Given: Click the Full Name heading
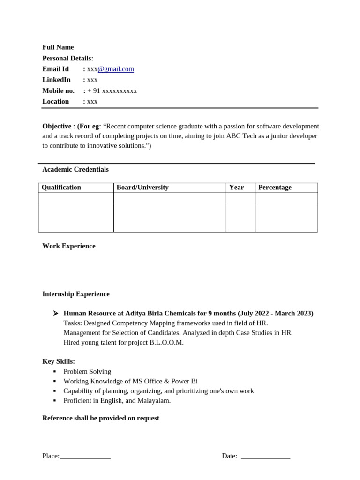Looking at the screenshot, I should (58, 47).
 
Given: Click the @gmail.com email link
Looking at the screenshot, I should (116, 69).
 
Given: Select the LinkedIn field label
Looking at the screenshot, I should (56, 80).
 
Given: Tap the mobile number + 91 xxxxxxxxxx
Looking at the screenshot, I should (112, 91).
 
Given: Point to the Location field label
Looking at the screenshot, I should (55, 102).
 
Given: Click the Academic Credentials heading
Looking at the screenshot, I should (75, 169).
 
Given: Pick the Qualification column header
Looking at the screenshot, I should (61, 187).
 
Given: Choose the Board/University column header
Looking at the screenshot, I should (142, 187).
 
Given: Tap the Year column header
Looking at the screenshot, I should (236, 187).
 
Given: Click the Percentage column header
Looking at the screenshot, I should (275, 187).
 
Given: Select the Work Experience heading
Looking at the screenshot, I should (69, 246).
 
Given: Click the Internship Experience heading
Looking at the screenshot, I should (76, 294).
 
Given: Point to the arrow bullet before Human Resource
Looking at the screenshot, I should (55, 313).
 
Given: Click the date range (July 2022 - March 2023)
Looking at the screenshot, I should (276, 313).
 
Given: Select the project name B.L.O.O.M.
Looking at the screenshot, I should (166, 343).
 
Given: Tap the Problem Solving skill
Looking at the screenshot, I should (87, 372).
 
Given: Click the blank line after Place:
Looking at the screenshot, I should (85, 457).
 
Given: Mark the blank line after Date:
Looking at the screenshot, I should (265, 457).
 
